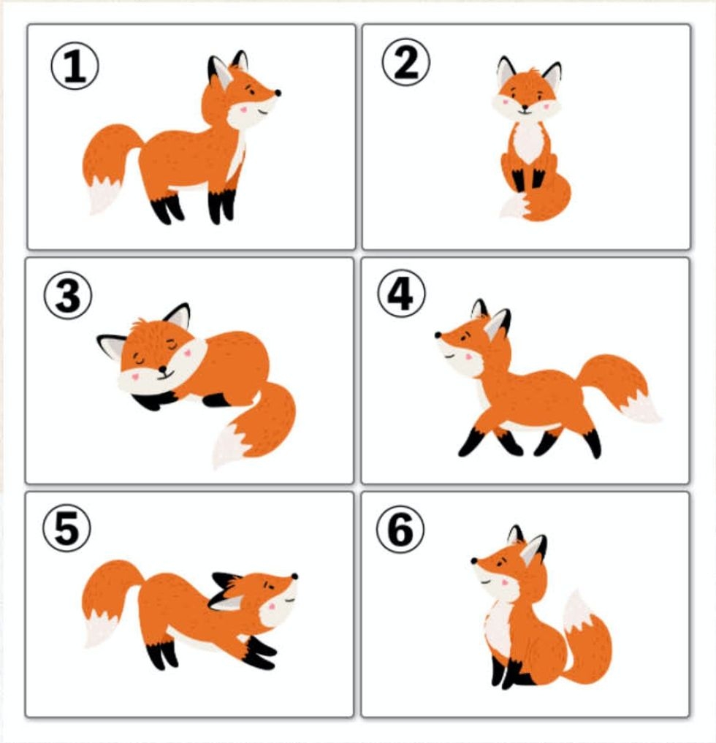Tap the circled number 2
(406, 62)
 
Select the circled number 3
(68, 295)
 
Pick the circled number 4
(401, 293)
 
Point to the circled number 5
(66, 528)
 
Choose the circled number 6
(400, 530)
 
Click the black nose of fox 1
(278, 93)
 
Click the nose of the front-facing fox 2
(525, 107)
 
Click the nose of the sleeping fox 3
(162, 369)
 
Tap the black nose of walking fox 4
(438, 335)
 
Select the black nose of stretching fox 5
(294, 576)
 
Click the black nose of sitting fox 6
(474, 560)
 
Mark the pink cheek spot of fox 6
(505, 582)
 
